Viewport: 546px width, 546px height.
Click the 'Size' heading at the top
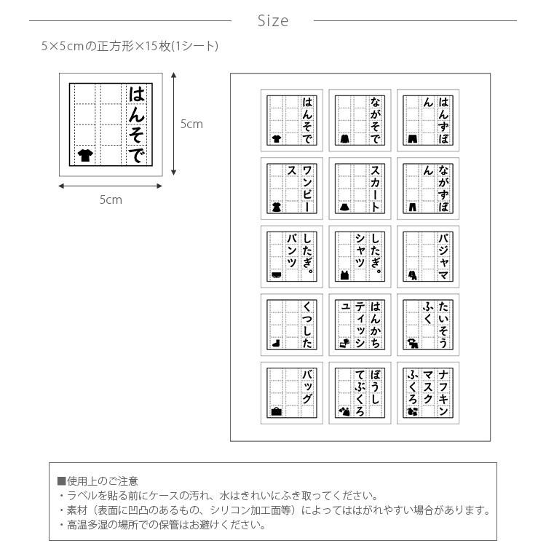(273, 21)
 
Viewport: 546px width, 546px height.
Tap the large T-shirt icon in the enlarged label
(85, 154)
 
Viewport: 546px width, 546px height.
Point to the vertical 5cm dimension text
(191, 124)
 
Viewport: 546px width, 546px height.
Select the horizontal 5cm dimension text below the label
(111, 199)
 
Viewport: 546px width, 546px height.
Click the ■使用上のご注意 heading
(98, 481)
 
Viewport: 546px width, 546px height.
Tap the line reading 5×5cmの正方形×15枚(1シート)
(130, 47)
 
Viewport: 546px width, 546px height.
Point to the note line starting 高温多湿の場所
(161, 524)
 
